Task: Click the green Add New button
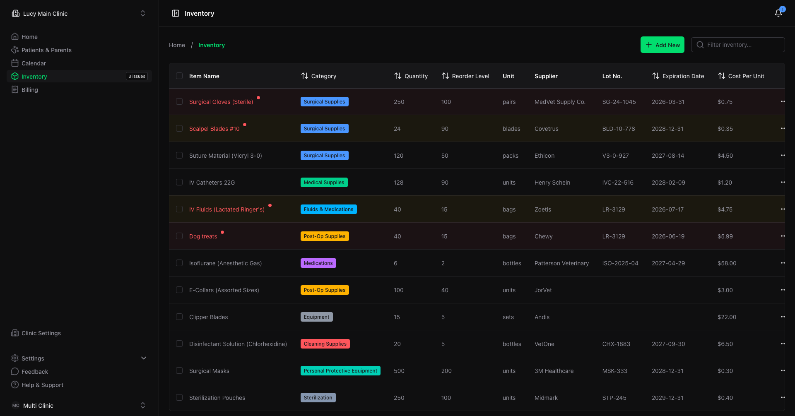pyautogui.click(x=662, y=45)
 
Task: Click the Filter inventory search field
pyautogui.click(x=738, y=45)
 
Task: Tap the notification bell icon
pyautogui.click(x=778, y=13)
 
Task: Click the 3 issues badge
pyautogui.click(x=137, y=76)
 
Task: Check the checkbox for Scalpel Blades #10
pyautogui.click(x=179, y=128)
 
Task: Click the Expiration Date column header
pyautogui.click(x=678, y=76)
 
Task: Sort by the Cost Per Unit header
pyautogui.click(x=741, y=76)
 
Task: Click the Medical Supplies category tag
pyautogui.click(x=324, y=183)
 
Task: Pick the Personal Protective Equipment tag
pyautogui.click(x=340, y=371)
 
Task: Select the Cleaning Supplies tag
pyautogui.click(x=325, y=344)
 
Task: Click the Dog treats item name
pyautogui.click(x=203, y=236)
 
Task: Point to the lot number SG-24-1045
pyautogui.click(x=619, y=102)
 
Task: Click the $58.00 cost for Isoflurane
pyautogui.click(x=727, y=263)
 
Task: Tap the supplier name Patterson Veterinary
pyautogui.click(x=561, y=263)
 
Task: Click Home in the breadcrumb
pyautogui.click(x=177, y=45)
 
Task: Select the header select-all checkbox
pyautogui.click(x=179, y=76)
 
